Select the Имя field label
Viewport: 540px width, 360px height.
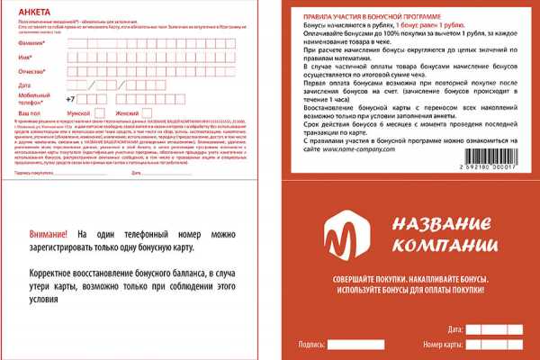[x=25, y=58]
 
